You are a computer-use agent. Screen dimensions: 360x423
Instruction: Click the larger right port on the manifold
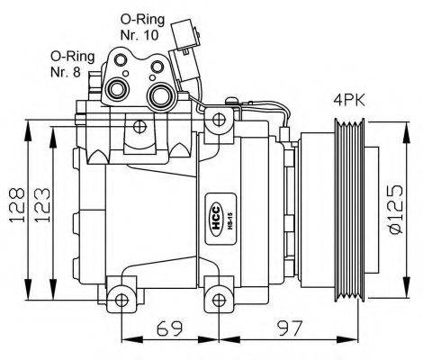click(163, 96)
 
